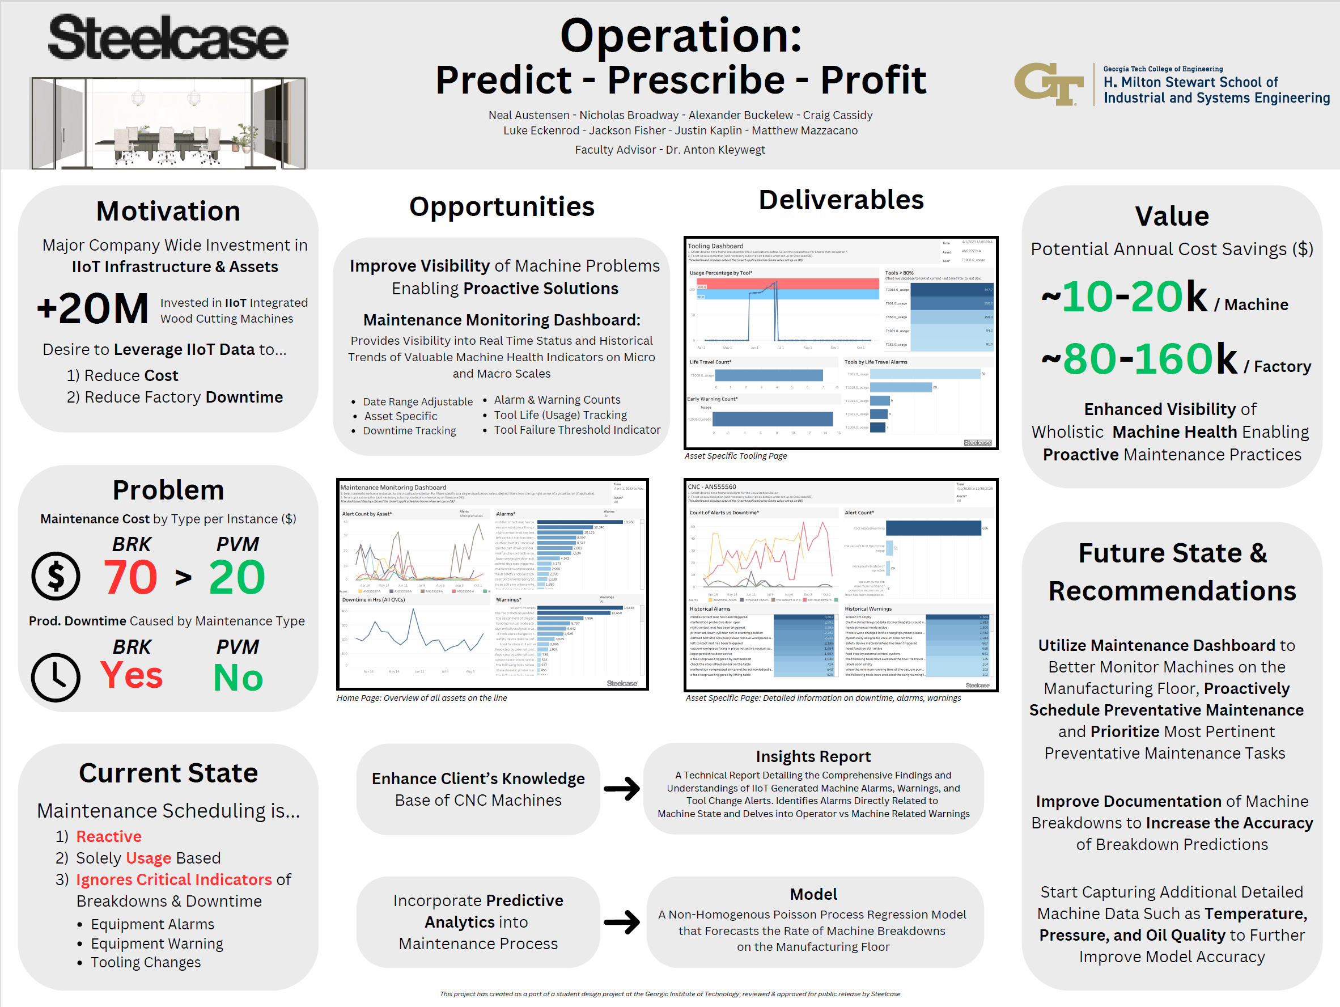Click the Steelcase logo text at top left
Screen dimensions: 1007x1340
pyautogui.click(x=168, y=37)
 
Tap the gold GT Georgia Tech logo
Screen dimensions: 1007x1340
pyautogui.click(x=1049, y=85)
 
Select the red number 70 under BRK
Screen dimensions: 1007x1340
pyautogui.click(x=130, y=577)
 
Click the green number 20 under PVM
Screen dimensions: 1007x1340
pyautogui.click(x=237, y=577)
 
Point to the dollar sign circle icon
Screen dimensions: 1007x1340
pyautogui.click(x=56, y=576)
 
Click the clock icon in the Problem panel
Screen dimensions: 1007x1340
pyautogui.click(x=56, y=678)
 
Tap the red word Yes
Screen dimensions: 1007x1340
pyautogui.click(x=132, y=675)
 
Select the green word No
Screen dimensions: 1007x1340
pyautogui.click(x=238, y=678)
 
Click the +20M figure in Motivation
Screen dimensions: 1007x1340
pyautogui.click(x=93, y=308)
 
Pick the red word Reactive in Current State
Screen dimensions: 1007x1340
pyautogui.click(x=108, y=836)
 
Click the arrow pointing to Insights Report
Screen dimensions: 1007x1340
pyautogui.click(x=622, y=788)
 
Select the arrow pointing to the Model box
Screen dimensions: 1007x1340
pyautogui.click(x=622, y=922)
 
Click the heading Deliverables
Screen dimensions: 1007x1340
pyautogui.click(x=841, y=200)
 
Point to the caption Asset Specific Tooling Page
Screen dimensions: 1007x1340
pyautogui.click(x=735, y=456)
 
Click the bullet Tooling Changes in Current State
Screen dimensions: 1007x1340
pyautogui.click(x=145, y=962)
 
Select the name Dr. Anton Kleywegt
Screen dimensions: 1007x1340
pyautogui.click(x=715, y=150)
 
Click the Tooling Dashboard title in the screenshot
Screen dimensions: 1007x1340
pyautogui.click(x=715, y=246)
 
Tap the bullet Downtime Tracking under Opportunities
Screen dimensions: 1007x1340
pyautogui.click(x=409, y=431)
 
